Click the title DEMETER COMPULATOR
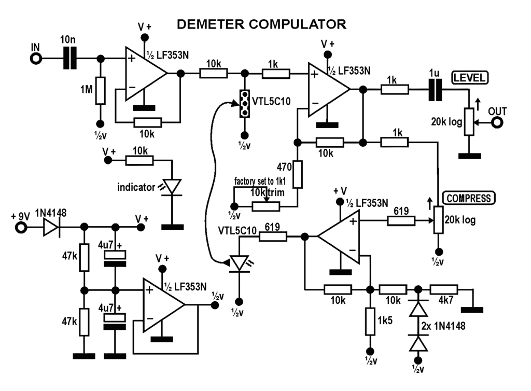coord(261,24)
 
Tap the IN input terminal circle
coord(36,59)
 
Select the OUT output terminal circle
coord(497,122)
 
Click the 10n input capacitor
coord(70,59)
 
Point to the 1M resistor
coord(100,90)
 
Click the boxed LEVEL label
coord(470,77)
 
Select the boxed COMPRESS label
coord(469,198)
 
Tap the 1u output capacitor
coord(435,90)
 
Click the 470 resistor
coord(297,174)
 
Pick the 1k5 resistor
coord(370,322)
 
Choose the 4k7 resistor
coord(444,290)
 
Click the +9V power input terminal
coord(21,227)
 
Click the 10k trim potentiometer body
coord(266,206)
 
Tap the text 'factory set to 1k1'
coord(260,181)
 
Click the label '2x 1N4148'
coord(443,326)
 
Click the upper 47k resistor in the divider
coord(85,257)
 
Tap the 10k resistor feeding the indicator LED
coord(139,160)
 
